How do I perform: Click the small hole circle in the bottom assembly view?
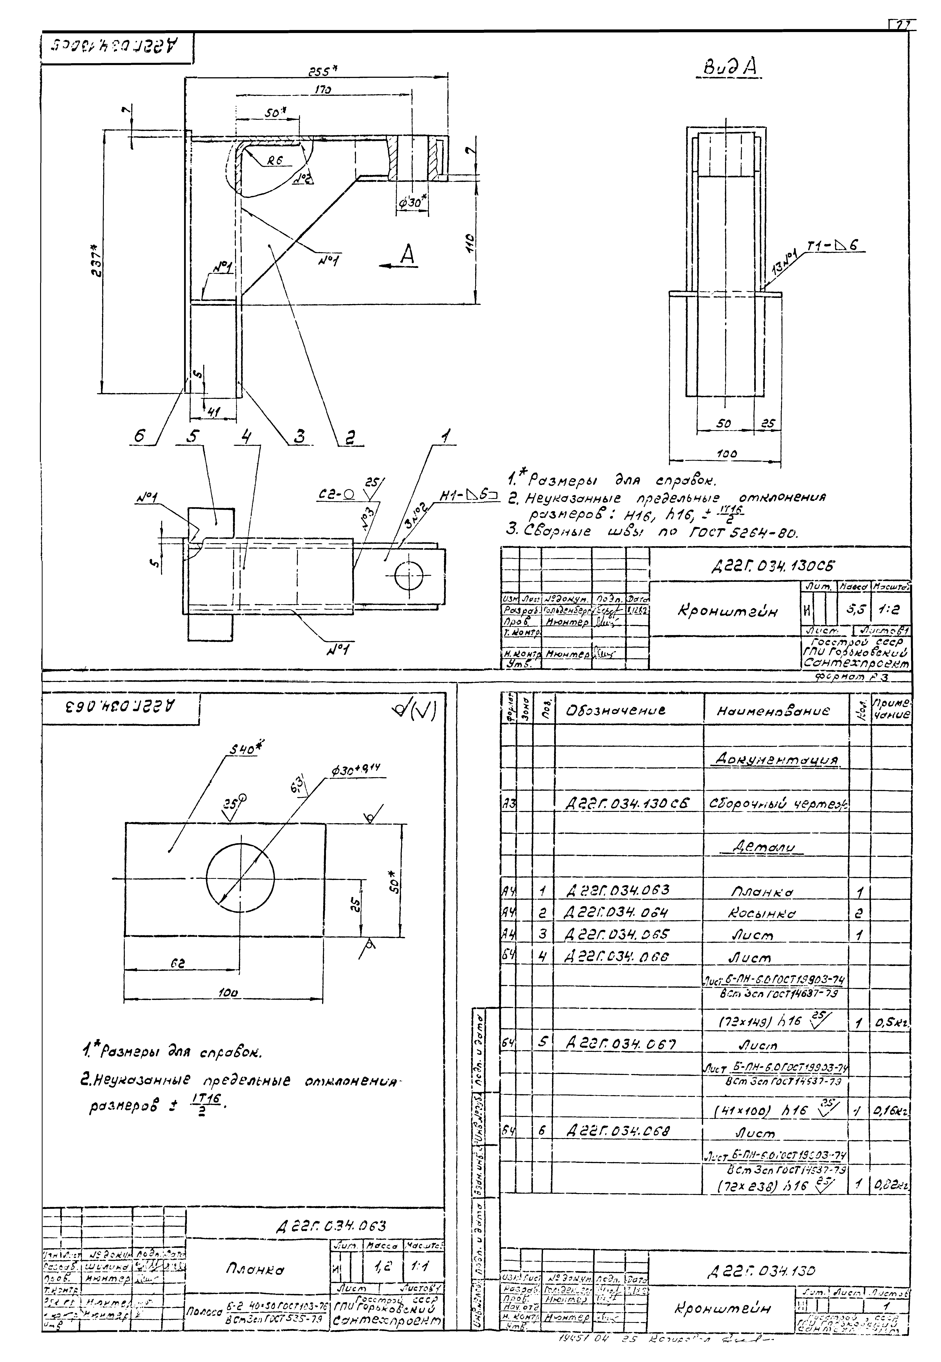pyautogui.click(x=409, y=575)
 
